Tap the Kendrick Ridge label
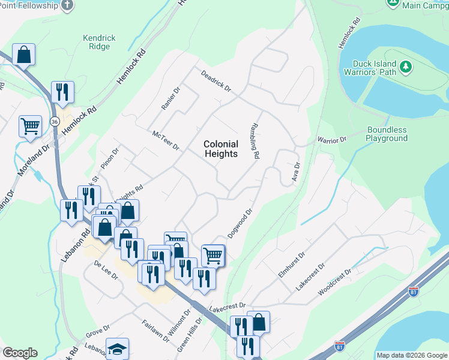coord(100,42)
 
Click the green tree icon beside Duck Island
coord(406,67)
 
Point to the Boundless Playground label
coord(387,134)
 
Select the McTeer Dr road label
coord(166,141)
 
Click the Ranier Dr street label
coord(170,98)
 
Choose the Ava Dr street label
coord(295,172)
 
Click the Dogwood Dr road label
coord(242,222)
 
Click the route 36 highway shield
coord(55,121)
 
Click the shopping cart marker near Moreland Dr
coord(30,126)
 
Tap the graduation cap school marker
coord(117,349)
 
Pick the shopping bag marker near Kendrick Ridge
coord(23,55)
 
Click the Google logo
coord(20,353)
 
